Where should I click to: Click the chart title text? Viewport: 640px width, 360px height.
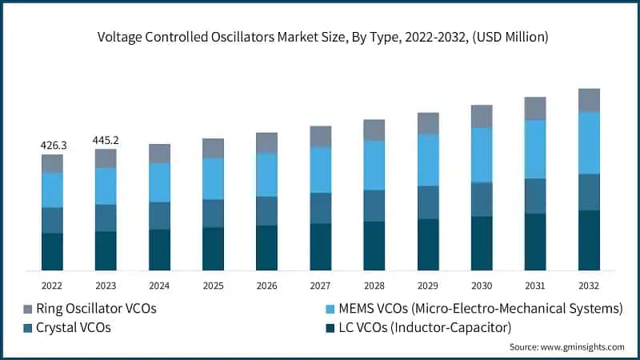pyautogui.click(x=320, y=36)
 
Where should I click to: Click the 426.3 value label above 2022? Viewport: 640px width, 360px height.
pyautogui.click(x=54, y=146)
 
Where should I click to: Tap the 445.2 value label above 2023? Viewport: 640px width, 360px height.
pyautogui.click(x=106, y=140)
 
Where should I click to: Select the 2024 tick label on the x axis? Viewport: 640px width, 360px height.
pyautogui.click(x=159, y=285)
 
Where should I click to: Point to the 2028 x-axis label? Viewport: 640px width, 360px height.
pyautogui.click(x=374, y=285)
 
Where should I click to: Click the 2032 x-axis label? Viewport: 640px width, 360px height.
pyautogui.click(x=589, y=285)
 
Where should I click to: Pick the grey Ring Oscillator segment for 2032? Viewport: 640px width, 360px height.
pyautogui.click(x=589, y=100)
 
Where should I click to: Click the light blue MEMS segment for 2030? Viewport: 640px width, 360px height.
pyautogui.click(x=482, y=155)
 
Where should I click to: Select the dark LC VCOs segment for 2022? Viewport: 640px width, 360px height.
pyautogui.click(x=52, y=251)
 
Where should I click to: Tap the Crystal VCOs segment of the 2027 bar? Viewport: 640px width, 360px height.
pyautogui.click(x=320, y=208)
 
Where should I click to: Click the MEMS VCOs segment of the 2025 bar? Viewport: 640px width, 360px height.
pyautogui.click(x=213, y=178)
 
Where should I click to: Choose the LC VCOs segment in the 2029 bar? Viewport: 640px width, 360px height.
pyautogui.click(x=428, y=244)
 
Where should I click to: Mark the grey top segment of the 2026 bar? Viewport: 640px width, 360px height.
pyautogui.click(x=266, y=142)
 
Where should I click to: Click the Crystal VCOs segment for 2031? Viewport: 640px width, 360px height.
pyautogui.click(x=535, y=196)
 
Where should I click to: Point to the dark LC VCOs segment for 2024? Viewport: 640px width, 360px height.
pyautogui.click(x=159, y=250)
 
